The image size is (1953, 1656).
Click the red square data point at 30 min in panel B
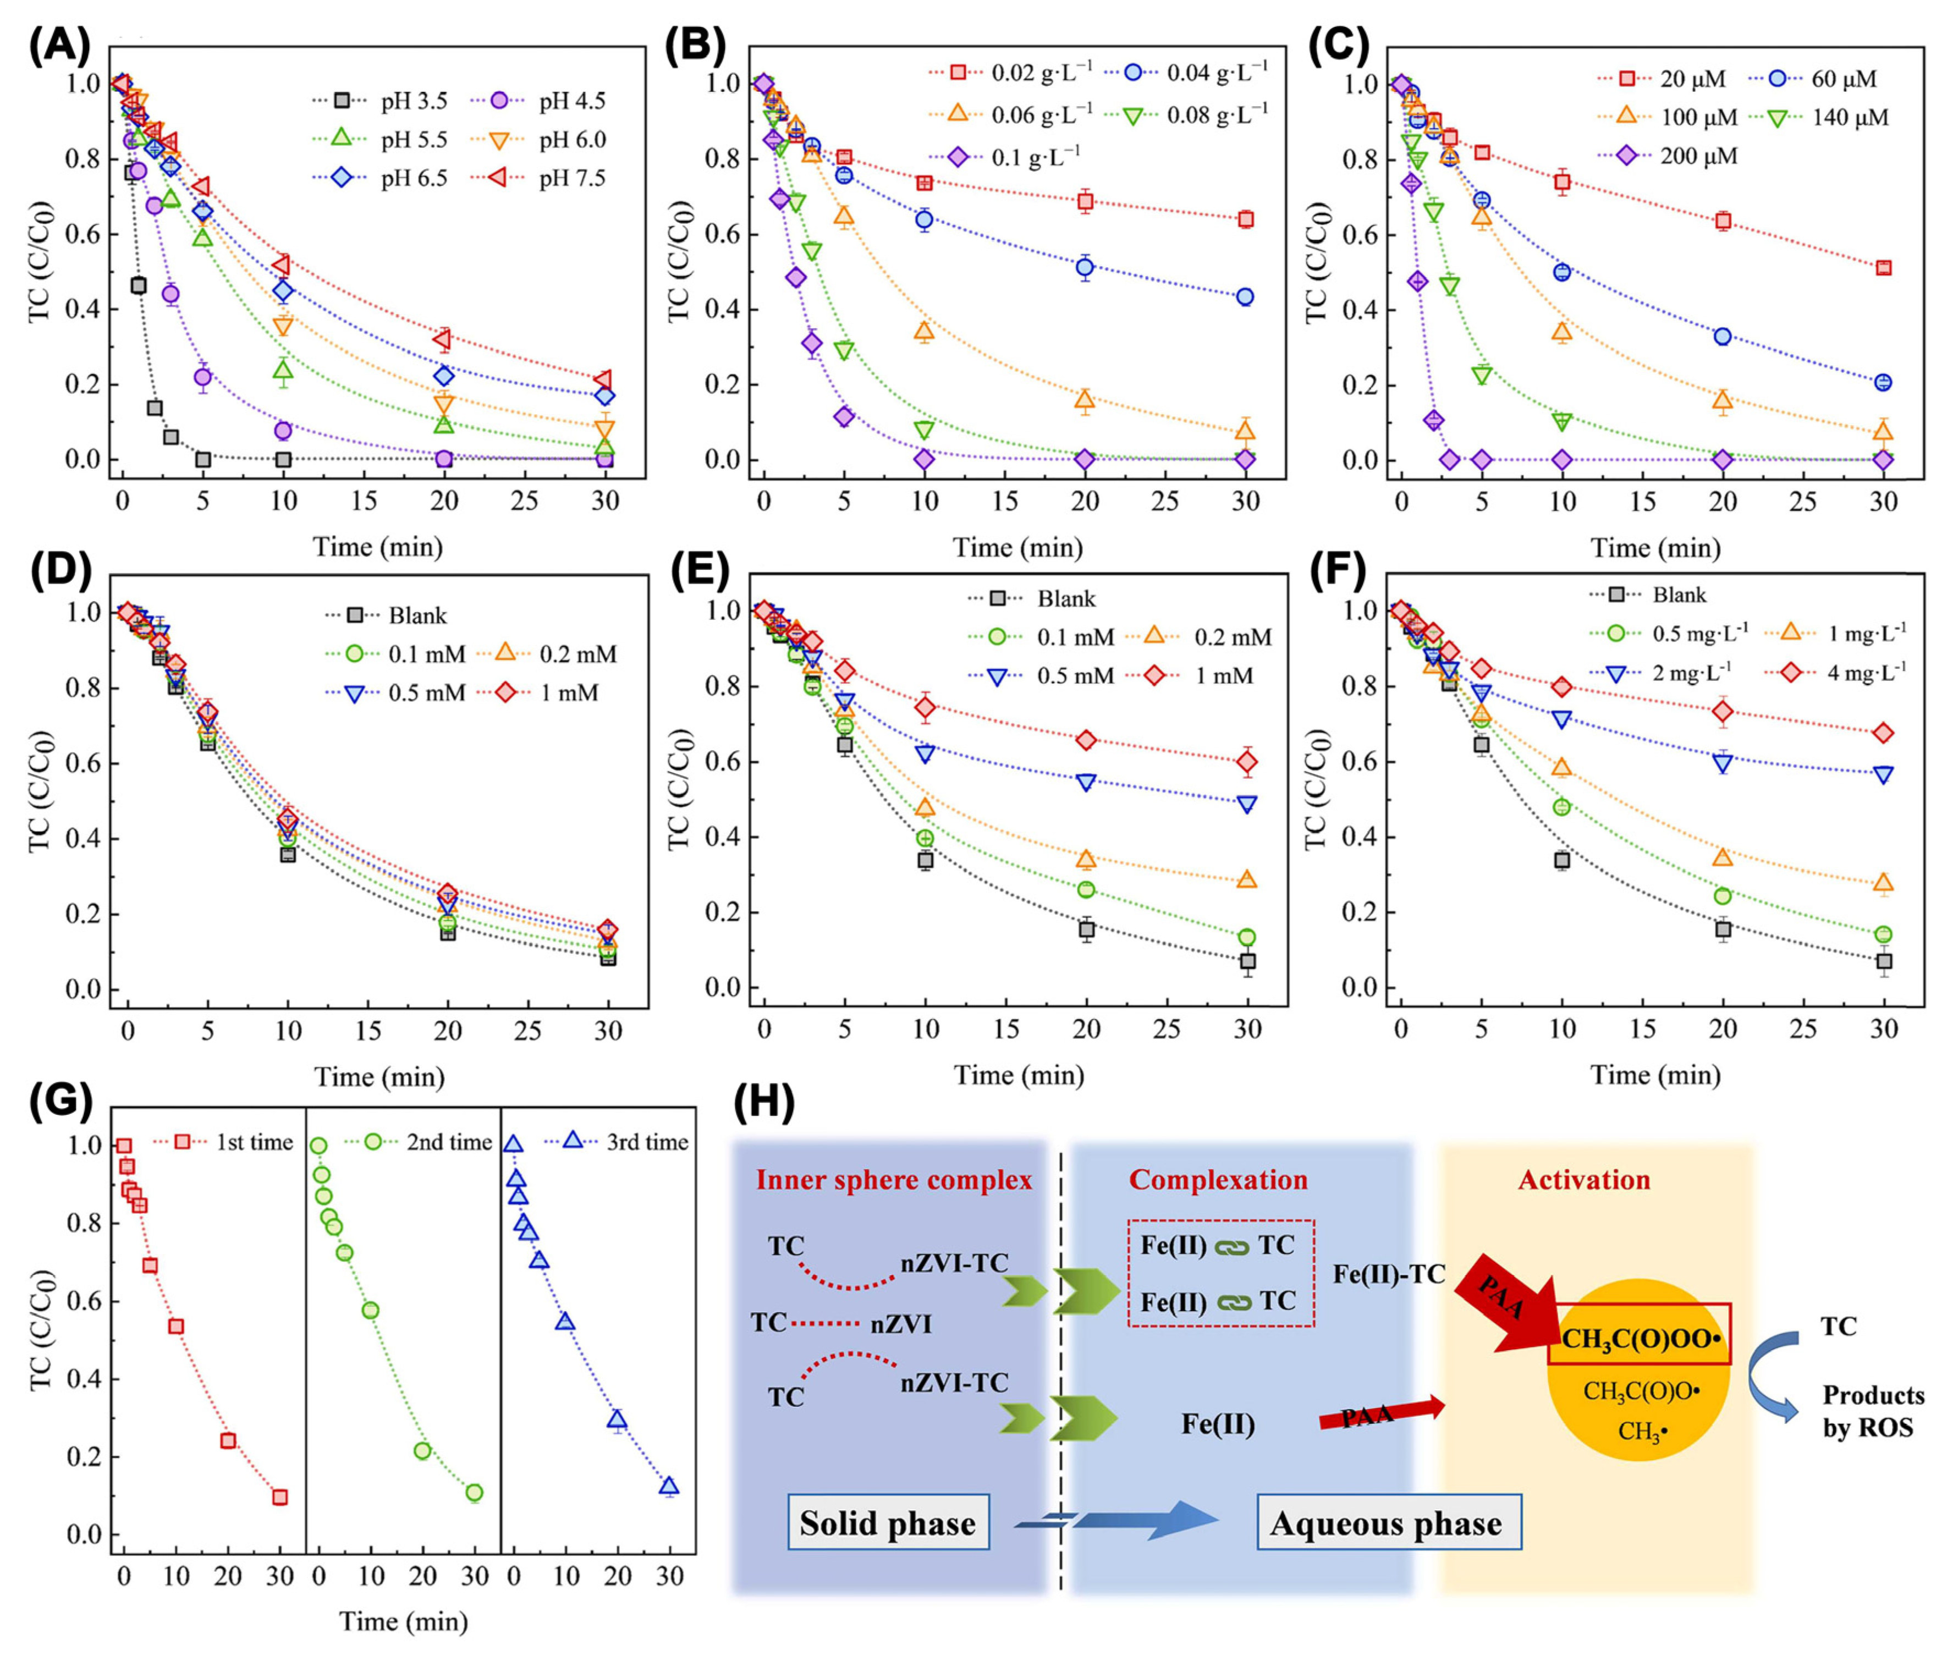[x=1246, y=219]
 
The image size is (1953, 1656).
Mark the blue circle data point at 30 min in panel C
[x=1883, y=382]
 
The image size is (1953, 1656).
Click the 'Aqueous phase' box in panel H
[x=1387, y=1523]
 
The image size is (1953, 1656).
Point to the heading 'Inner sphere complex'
[x=893, y=1180]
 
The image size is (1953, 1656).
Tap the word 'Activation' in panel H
[x=1584, y=1180]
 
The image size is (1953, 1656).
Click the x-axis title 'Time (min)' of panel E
[x=1019, y=1075]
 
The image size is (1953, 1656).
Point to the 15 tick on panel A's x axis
[x=364, y=501]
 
